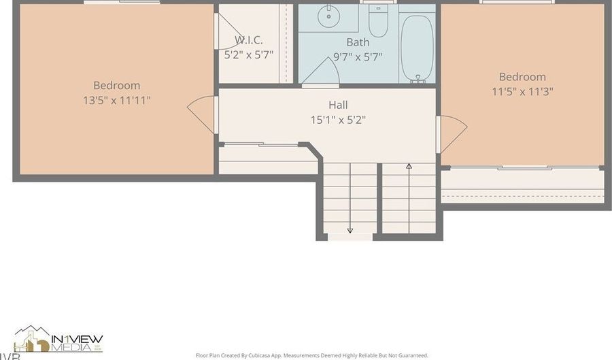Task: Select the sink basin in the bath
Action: click(x=330, y=14)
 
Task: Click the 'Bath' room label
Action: click(x=358, y=42)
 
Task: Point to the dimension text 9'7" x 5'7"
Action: click(x=358, y=57)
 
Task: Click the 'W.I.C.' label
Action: click(x=249, y=39)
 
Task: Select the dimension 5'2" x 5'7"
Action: click(x=249, y=55)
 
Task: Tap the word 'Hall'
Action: click(x=338, y=105)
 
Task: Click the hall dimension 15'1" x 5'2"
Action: click(x=338, y=120)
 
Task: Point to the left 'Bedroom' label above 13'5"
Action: click(x=117, y=85)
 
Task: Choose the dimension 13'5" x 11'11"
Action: click(x=117, y=100)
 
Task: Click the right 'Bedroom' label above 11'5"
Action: click(x=522, y=77)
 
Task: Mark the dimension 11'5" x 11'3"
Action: click(x=522, y=91)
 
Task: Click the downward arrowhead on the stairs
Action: click(x=350, y=230)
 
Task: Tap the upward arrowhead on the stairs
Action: click(x=409, y=165)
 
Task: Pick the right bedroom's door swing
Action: click(x=452, y=133)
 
